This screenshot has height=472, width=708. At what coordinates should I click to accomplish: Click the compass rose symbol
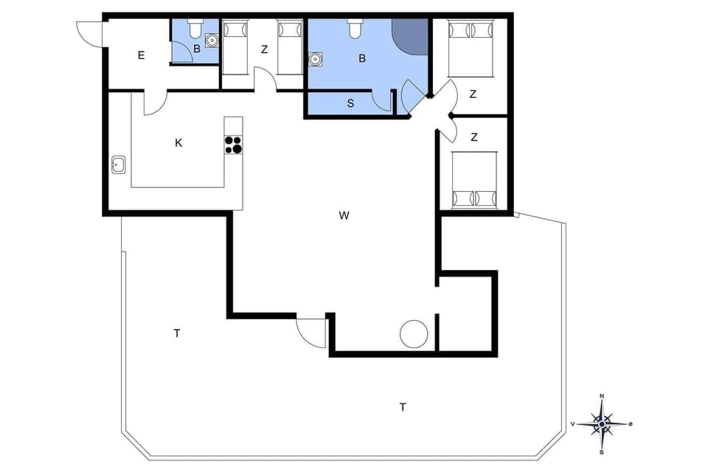(x=603, y=424)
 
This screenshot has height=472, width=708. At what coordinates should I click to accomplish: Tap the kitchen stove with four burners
(x=233, y=145)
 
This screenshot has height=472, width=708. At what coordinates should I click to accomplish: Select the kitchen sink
(x=118, y=164)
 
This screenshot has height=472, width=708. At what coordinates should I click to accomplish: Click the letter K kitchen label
(x=178, y=143)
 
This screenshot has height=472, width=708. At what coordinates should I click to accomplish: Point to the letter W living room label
(x=344, y=215)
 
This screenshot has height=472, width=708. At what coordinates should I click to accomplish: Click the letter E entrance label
(x=141, y=55)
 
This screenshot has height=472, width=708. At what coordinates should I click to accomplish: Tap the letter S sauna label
(x=350, y=103)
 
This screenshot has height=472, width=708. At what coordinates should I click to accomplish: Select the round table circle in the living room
(x=414, y=333)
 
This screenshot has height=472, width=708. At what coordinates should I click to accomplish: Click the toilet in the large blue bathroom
(x=355, y=29)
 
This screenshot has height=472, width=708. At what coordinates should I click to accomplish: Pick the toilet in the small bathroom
(x=195, y=29)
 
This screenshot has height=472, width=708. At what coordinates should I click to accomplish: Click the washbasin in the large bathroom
(x=317, y=58)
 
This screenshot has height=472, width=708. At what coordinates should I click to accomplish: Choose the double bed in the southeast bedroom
(x=474, y=179)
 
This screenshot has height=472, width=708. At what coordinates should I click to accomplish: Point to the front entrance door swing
(x=88, y=33)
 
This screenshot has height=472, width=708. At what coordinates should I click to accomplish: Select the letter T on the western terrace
(x=177, y=333)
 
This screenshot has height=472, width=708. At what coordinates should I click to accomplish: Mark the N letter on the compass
(x=602, y=397)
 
